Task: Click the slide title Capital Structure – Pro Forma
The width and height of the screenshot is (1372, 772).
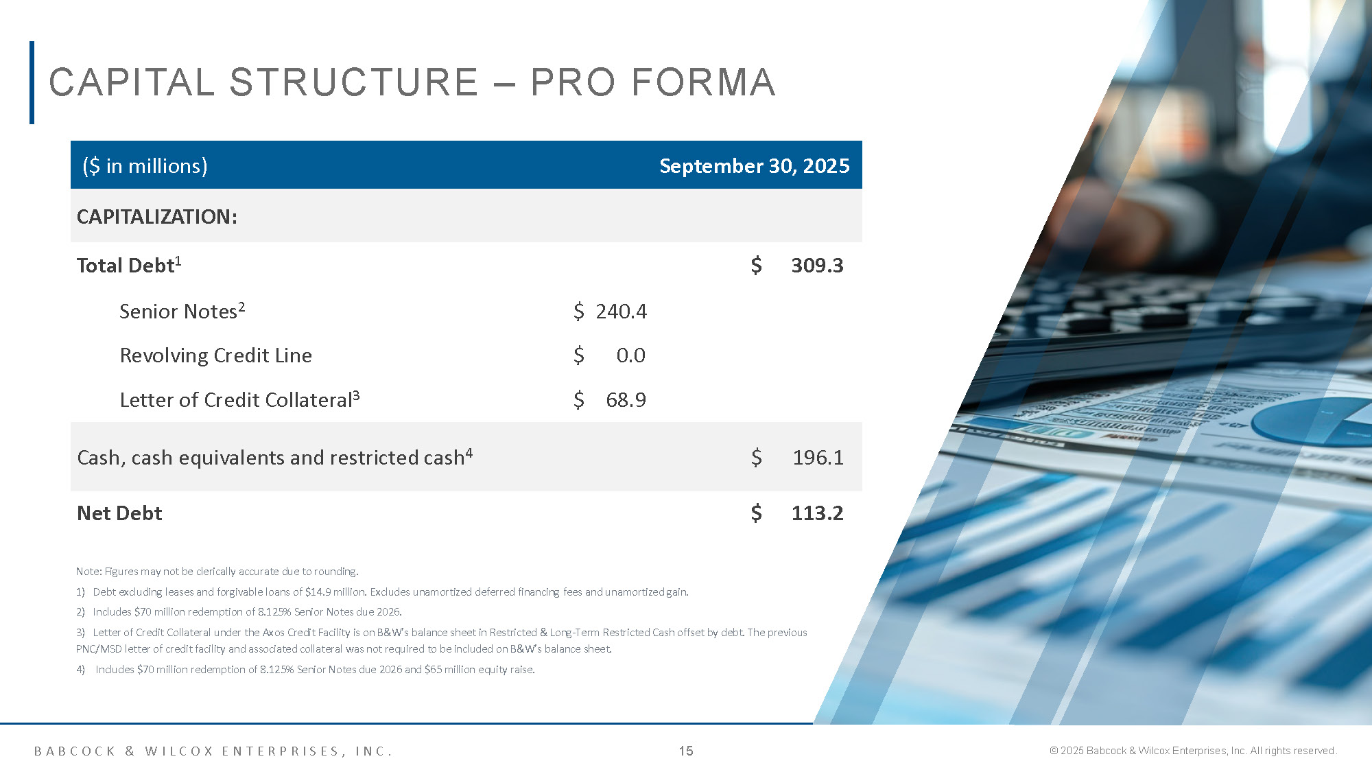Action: pyautogui.click(x=412, y=82)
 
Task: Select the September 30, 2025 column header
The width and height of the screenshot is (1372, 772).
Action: pyautogui.click(x=755, y=166)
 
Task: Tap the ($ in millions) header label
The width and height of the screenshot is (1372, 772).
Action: pyautogui.click(x=145, y=166)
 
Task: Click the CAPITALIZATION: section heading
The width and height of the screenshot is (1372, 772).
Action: pyautogui.click(x=157, y=217)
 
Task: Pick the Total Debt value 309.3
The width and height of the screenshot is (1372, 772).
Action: pyautogui.click(x=817, y=266)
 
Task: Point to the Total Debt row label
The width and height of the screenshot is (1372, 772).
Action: pyautogui.click(x=129, y=265)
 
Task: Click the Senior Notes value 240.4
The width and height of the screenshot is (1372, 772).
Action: pyautogui.click(x=621, y=312)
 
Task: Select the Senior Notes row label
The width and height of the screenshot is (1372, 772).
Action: pyautogui.click(x=182, y=311)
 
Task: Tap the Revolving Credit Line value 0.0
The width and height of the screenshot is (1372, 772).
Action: pyautogui.click(x=630, y=355)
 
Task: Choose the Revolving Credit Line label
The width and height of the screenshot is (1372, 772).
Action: pyautogui.click(x=215, y=355)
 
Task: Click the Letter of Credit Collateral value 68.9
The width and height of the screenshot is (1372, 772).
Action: pyautogui.click(x=626, y=400)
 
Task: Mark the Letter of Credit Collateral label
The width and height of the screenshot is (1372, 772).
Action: pyautogui.click(x=239, y=399)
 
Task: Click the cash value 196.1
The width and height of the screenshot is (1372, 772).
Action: pyautogui.click(x=818, y=458)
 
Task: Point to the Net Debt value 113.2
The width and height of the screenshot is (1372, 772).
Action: pyautogui.click(x=817, y=513)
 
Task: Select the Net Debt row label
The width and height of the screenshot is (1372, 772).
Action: pyautogui.click(x=119, y=513)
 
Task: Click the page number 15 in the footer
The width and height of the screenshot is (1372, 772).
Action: pyautogui.click(x=686, y=751)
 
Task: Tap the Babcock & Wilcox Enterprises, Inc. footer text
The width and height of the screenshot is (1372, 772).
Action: pyautogui.click(x=213, y=751)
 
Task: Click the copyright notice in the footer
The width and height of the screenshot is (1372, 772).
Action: pyautogui.click(x=1193, y=751)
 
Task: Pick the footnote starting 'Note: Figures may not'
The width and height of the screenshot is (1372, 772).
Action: pyautogui.click(x=217, y=572)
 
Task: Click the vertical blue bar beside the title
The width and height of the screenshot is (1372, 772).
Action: pyautogui.click(x=32, y=82)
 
